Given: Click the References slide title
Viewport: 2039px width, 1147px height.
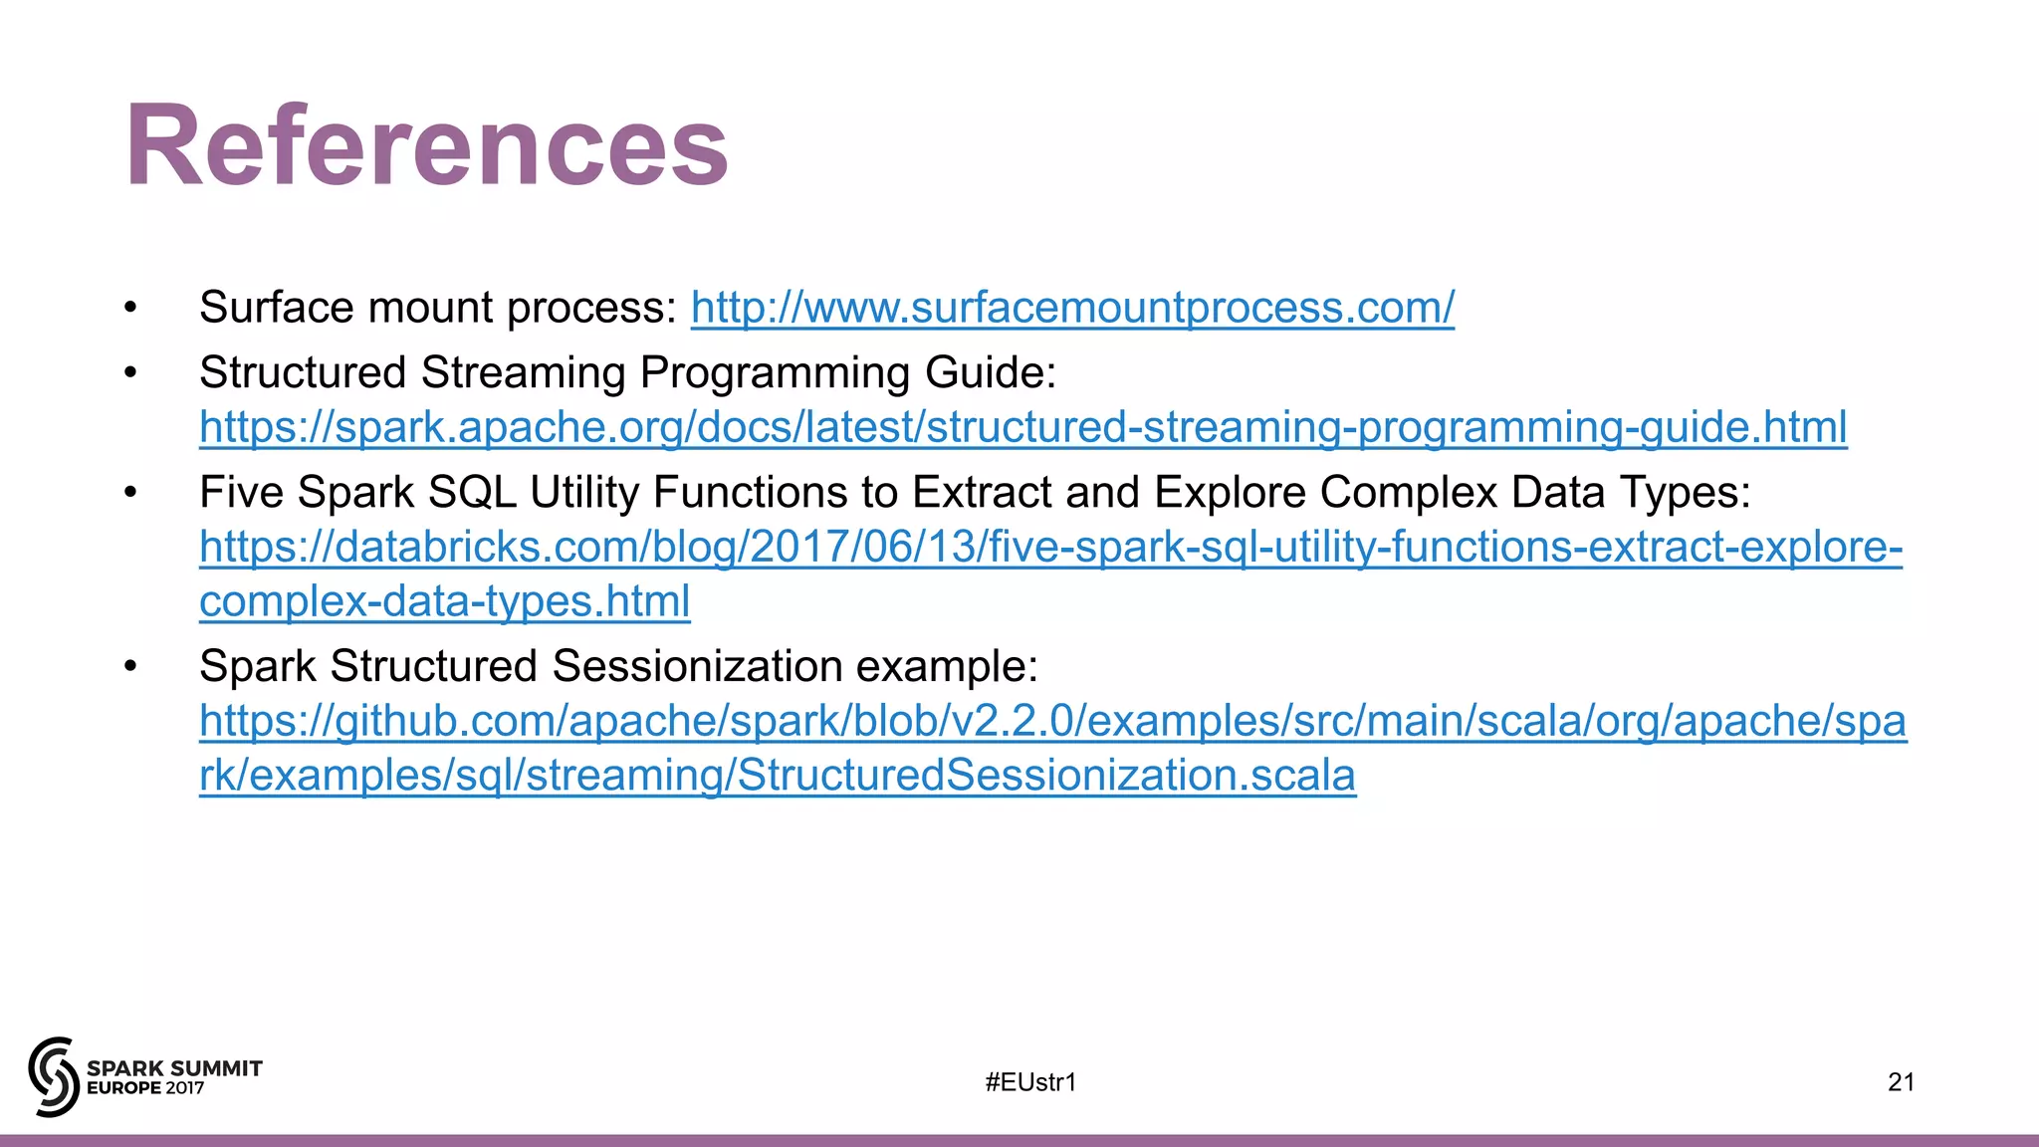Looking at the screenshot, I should (426, 146).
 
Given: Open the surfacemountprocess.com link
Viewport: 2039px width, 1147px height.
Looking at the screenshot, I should (1072, 308).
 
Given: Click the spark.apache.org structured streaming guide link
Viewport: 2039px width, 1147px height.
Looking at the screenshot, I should (1022, 427).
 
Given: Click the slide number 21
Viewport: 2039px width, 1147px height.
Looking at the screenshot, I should (1901, 1082).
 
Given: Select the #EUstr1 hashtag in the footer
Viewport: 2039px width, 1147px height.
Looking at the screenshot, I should (1030, 1082).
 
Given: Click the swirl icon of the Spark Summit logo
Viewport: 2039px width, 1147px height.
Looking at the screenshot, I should (53, 1076).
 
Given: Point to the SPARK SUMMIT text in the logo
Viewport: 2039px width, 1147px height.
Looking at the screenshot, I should (174, 1068).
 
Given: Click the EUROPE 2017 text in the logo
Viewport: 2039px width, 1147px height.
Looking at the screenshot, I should (145, 1088).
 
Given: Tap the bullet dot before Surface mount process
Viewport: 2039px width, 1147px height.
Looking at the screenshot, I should (130, 308).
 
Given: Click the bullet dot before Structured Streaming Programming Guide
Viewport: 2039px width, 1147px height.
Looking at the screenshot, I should (130, 373).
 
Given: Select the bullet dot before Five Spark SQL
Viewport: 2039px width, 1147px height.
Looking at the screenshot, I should (130, 493).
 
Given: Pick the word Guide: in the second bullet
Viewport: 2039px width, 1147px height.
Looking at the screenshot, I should (990, 373).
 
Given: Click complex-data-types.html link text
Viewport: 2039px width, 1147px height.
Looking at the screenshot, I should (444, 601).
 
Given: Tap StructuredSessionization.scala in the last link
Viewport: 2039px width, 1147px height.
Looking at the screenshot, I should (1045, 776).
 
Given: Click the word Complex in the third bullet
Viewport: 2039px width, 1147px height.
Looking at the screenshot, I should (1408, 493).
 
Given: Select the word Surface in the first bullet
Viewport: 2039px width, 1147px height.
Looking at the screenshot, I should (265, 308).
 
